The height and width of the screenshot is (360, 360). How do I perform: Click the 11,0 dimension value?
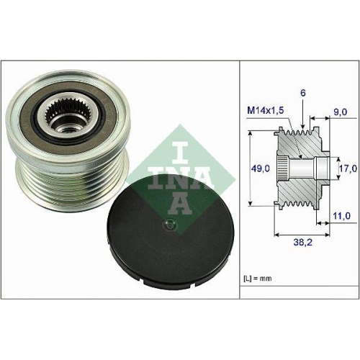pos(341,215)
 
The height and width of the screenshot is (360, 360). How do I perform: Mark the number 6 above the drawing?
pos(304,94)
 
